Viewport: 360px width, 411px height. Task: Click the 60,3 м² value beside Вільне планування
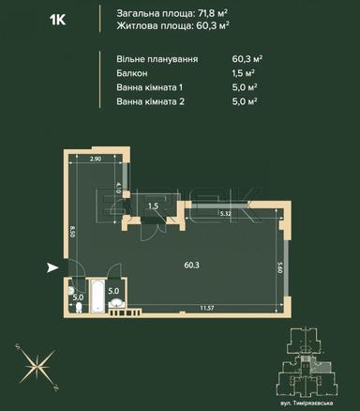coord(247,58)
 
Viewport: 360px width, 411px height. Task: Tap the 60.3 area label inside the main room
coord(190,264)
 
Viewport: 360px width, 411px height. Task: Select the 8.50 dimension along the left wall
coord(71,231)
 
